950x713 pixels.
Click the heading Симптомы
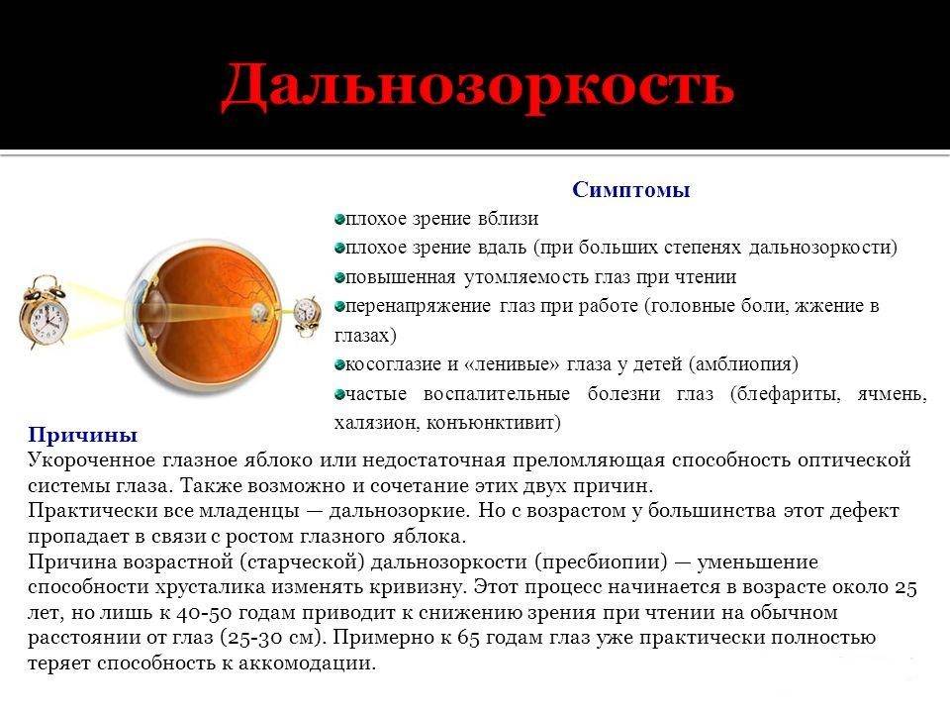coord(630,190)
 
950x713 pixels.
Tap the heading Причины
coord(82,435)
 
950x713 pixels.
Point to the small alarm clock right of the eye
coord(307,316)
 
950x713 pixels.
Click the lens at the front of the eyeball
coord(154,312)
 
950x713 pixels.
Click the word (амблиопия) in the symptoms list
coord(743,363)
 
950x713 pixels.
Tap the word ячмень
coord(892,394)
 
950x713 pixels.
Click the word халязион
coord(376,423)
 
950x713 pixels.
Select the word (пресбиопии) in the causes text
coord(601,562)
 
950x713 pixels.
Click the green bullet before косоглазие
coord(339,365)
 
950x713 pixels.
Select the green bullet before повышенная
coord(339,277)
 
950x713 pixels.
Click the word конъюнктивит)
coord(494,423)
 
